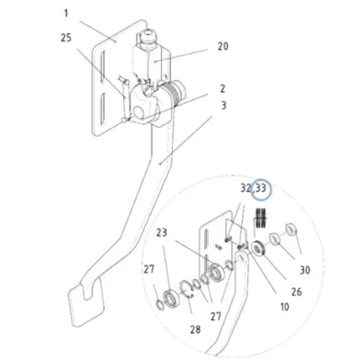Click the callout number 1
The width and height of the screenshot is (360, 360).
[66, 13]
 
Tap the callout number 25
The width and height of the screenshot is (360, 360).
[67, 38]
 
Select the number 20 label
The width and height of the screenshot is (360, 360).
[222, 47]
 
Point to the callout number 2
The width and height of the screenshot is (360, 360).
[222, 89]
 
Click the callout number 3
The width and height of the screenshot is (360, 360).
[223, 105]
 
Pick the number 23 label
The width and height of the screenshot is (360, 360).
[162, 232]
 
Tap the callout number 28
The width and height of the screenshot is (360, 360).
[195, 329]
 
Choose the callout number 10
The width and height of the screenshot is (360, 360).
[284, 307]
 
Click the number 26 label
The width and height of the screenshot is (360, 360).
[296, 292]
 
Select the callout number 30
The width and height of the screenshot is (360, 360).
[305, 270]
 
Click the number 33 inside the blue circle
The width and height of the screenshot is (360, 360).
[261, 188]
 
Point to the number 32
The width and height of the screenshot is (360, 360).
[247, 188]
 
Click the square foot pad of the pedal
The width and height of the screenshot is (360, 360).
[86, 303]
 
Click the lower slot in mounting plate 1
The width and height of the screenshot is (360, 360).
[103, 109]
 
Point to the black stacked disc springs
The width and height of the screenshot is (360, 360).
[261, 218]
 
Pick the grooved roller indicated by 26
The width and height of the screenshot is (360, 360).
[257, 248]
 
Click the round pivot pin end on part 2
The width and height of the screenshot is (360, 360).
[139, 112]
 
